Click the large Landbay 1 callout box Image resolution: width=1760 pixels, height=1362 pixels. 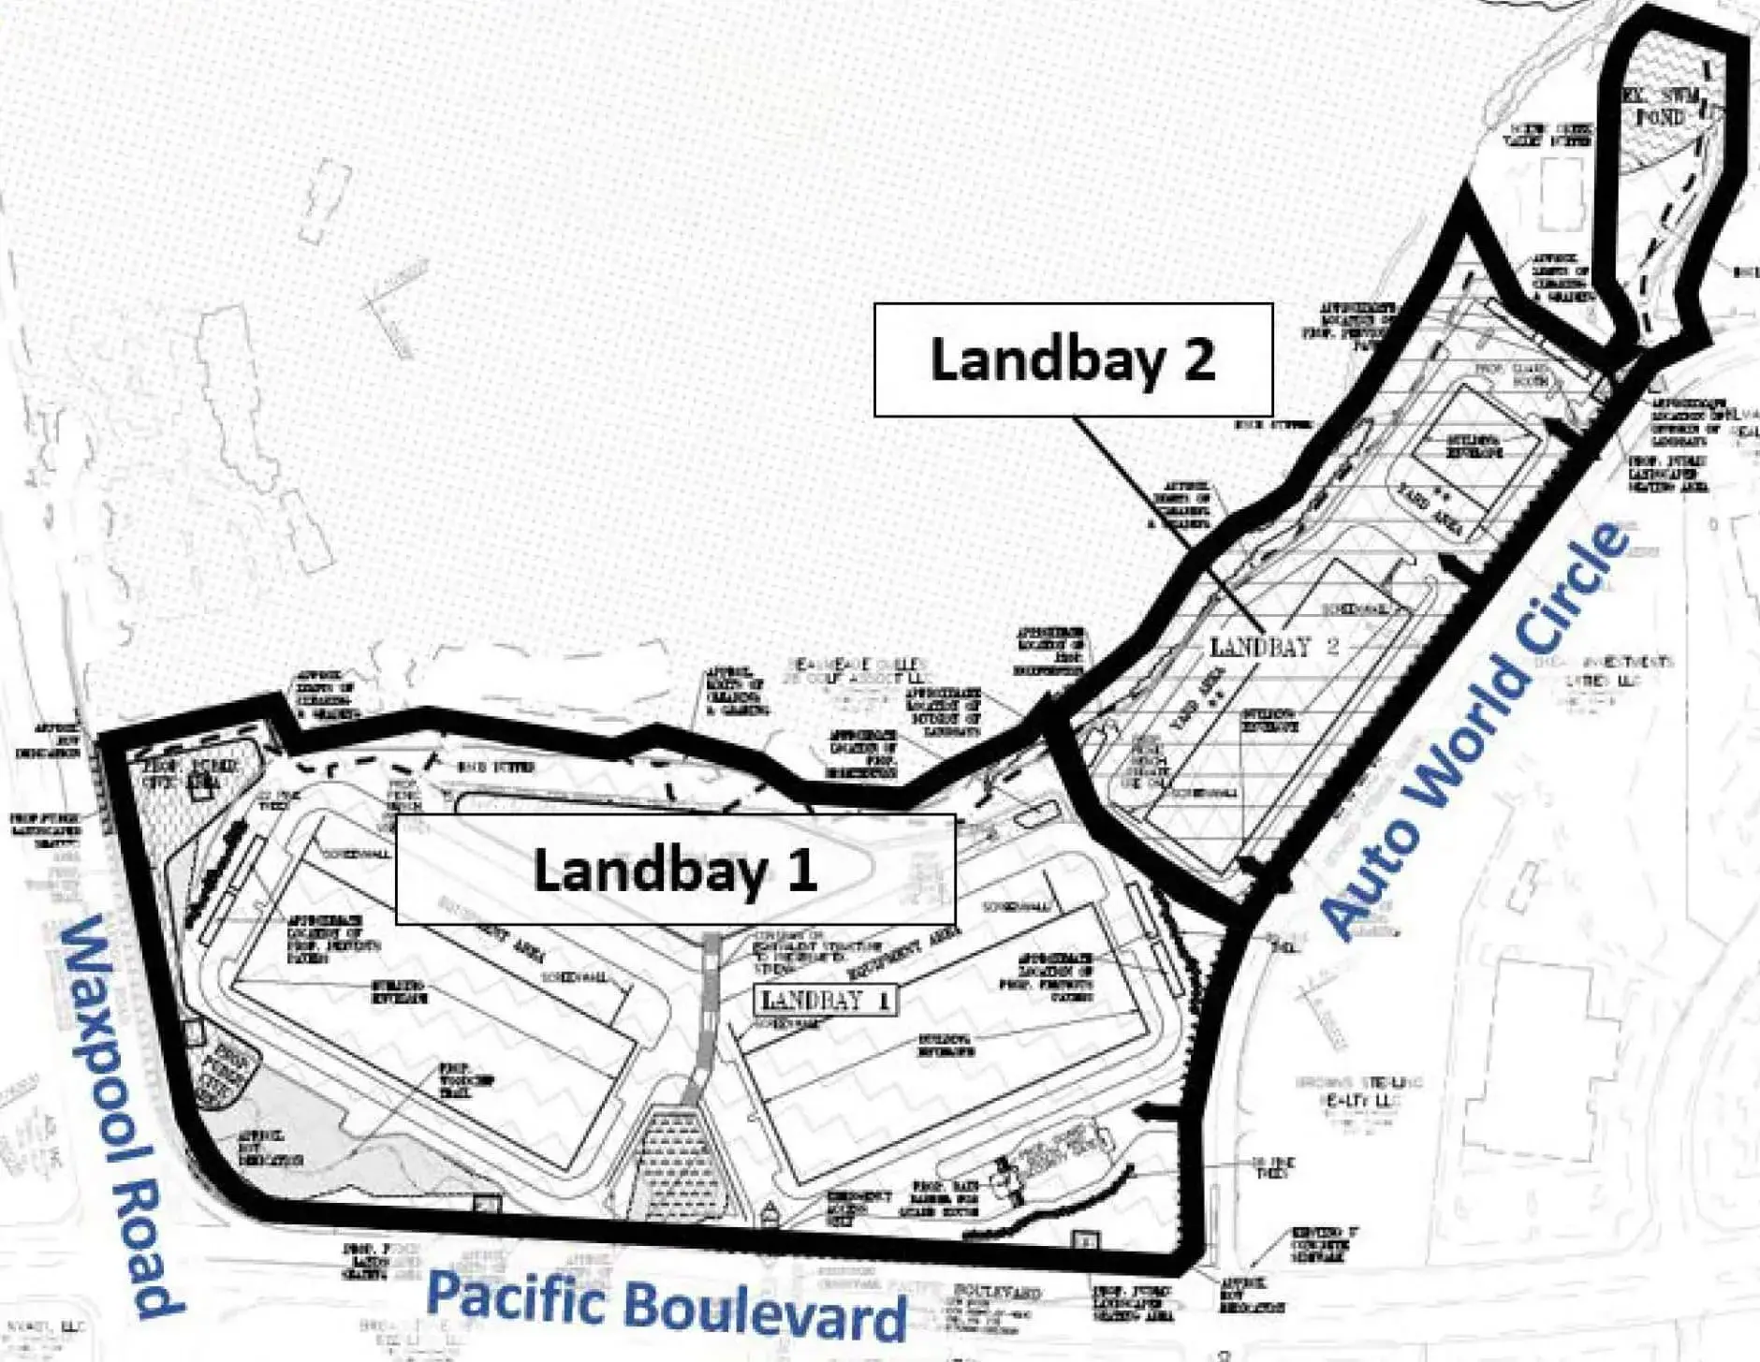coord(675,869)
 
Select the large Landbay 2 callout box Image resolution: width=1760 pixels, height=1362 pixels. coord(1073,359)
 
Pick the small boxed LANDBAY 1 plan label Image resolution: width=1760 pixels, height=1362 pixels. coord(825,1000)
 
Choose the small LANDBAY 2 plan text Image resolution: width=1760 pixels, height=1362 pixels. coord(1274,646)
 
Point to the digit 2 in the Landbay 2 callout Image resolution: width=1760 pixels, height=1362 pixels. coord(1198,359)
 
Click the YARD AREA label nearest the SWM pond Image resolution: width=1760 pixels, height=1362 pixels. coord(1431,511)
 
